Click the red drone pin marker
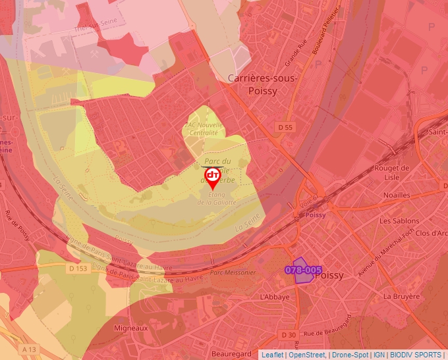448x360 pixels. tap(213, 176)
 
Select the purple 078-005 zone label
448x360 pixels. tap(303, 270)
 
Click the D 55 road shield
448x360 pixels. tap(285, 126)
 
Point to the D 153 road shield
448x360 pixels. tap(77, 268)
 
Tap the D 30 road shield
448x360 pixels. tap(288, 335)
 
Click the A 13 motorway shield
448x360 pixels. tap(28, 348)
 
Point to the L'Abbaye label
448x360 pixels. tap(275, 297)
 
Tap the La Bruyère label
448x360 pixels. tap(401, 296)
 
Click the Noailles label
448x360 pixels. tap(397, 195)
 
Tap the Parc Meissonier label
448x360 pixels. tap(232, 272)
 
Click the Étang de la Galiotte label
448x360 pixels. tap(217, 198)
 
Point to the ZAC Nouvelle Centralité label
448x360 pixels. tap(203, 128)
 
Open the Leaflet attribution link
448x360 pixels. tap(271, 355)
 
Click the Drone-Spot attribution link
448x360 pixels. tap(350, 355)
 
